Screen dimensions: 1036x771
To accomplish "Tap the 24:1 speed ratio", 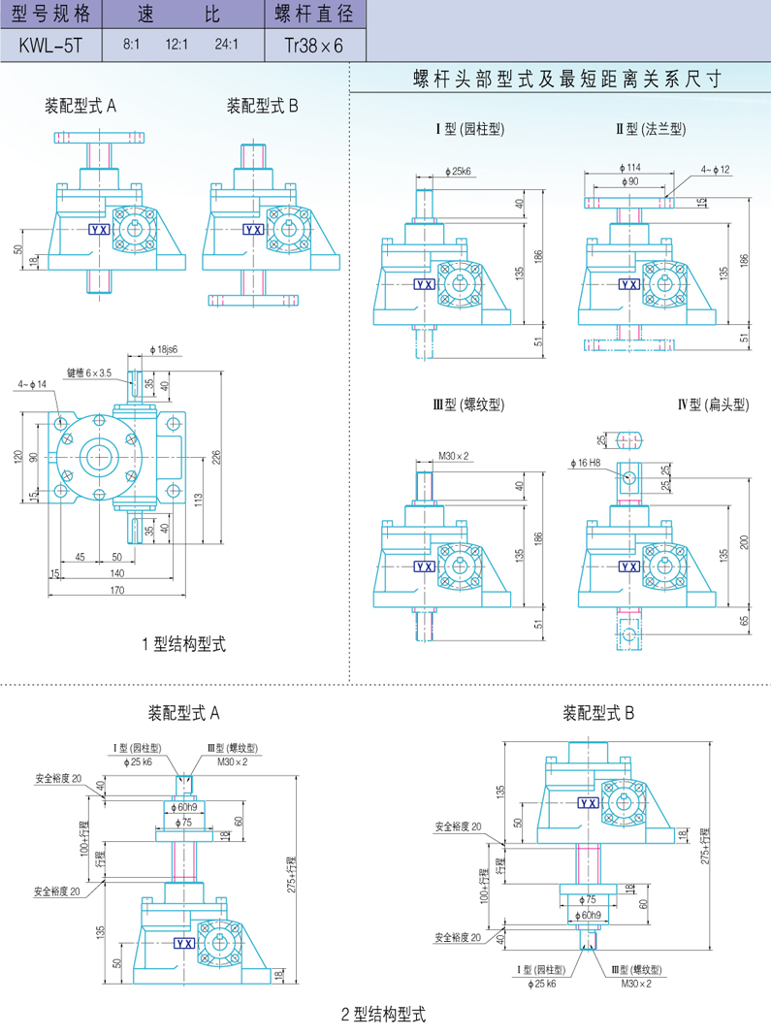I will click(x=226, y=46).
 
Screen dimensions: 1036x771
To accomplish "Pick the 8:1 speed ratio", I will click(x=131, y=46).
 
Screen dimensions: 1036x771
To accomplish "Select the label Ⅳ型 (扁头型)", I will click(x=713, y=405).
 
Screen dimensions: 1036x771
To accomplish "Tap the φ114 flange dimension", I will click(x=627, y=168).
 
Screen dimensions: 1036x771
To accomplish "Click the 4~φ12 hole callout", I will click(x=715, y=171).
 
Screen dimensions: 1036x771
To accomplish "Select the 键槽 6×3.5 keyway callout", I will click(x=90, y=372).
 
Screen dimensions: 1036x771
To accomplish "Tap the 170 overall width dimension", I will click(x=116, y=590).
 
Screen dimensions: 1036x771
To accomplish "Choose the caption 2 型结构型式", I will click(x=384, y=1016).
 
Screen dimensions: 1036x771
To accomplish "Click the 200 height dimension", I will click(x=743, y=542).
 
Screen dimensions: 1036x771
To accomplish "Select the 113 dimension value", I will click(x=199, y=500).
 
